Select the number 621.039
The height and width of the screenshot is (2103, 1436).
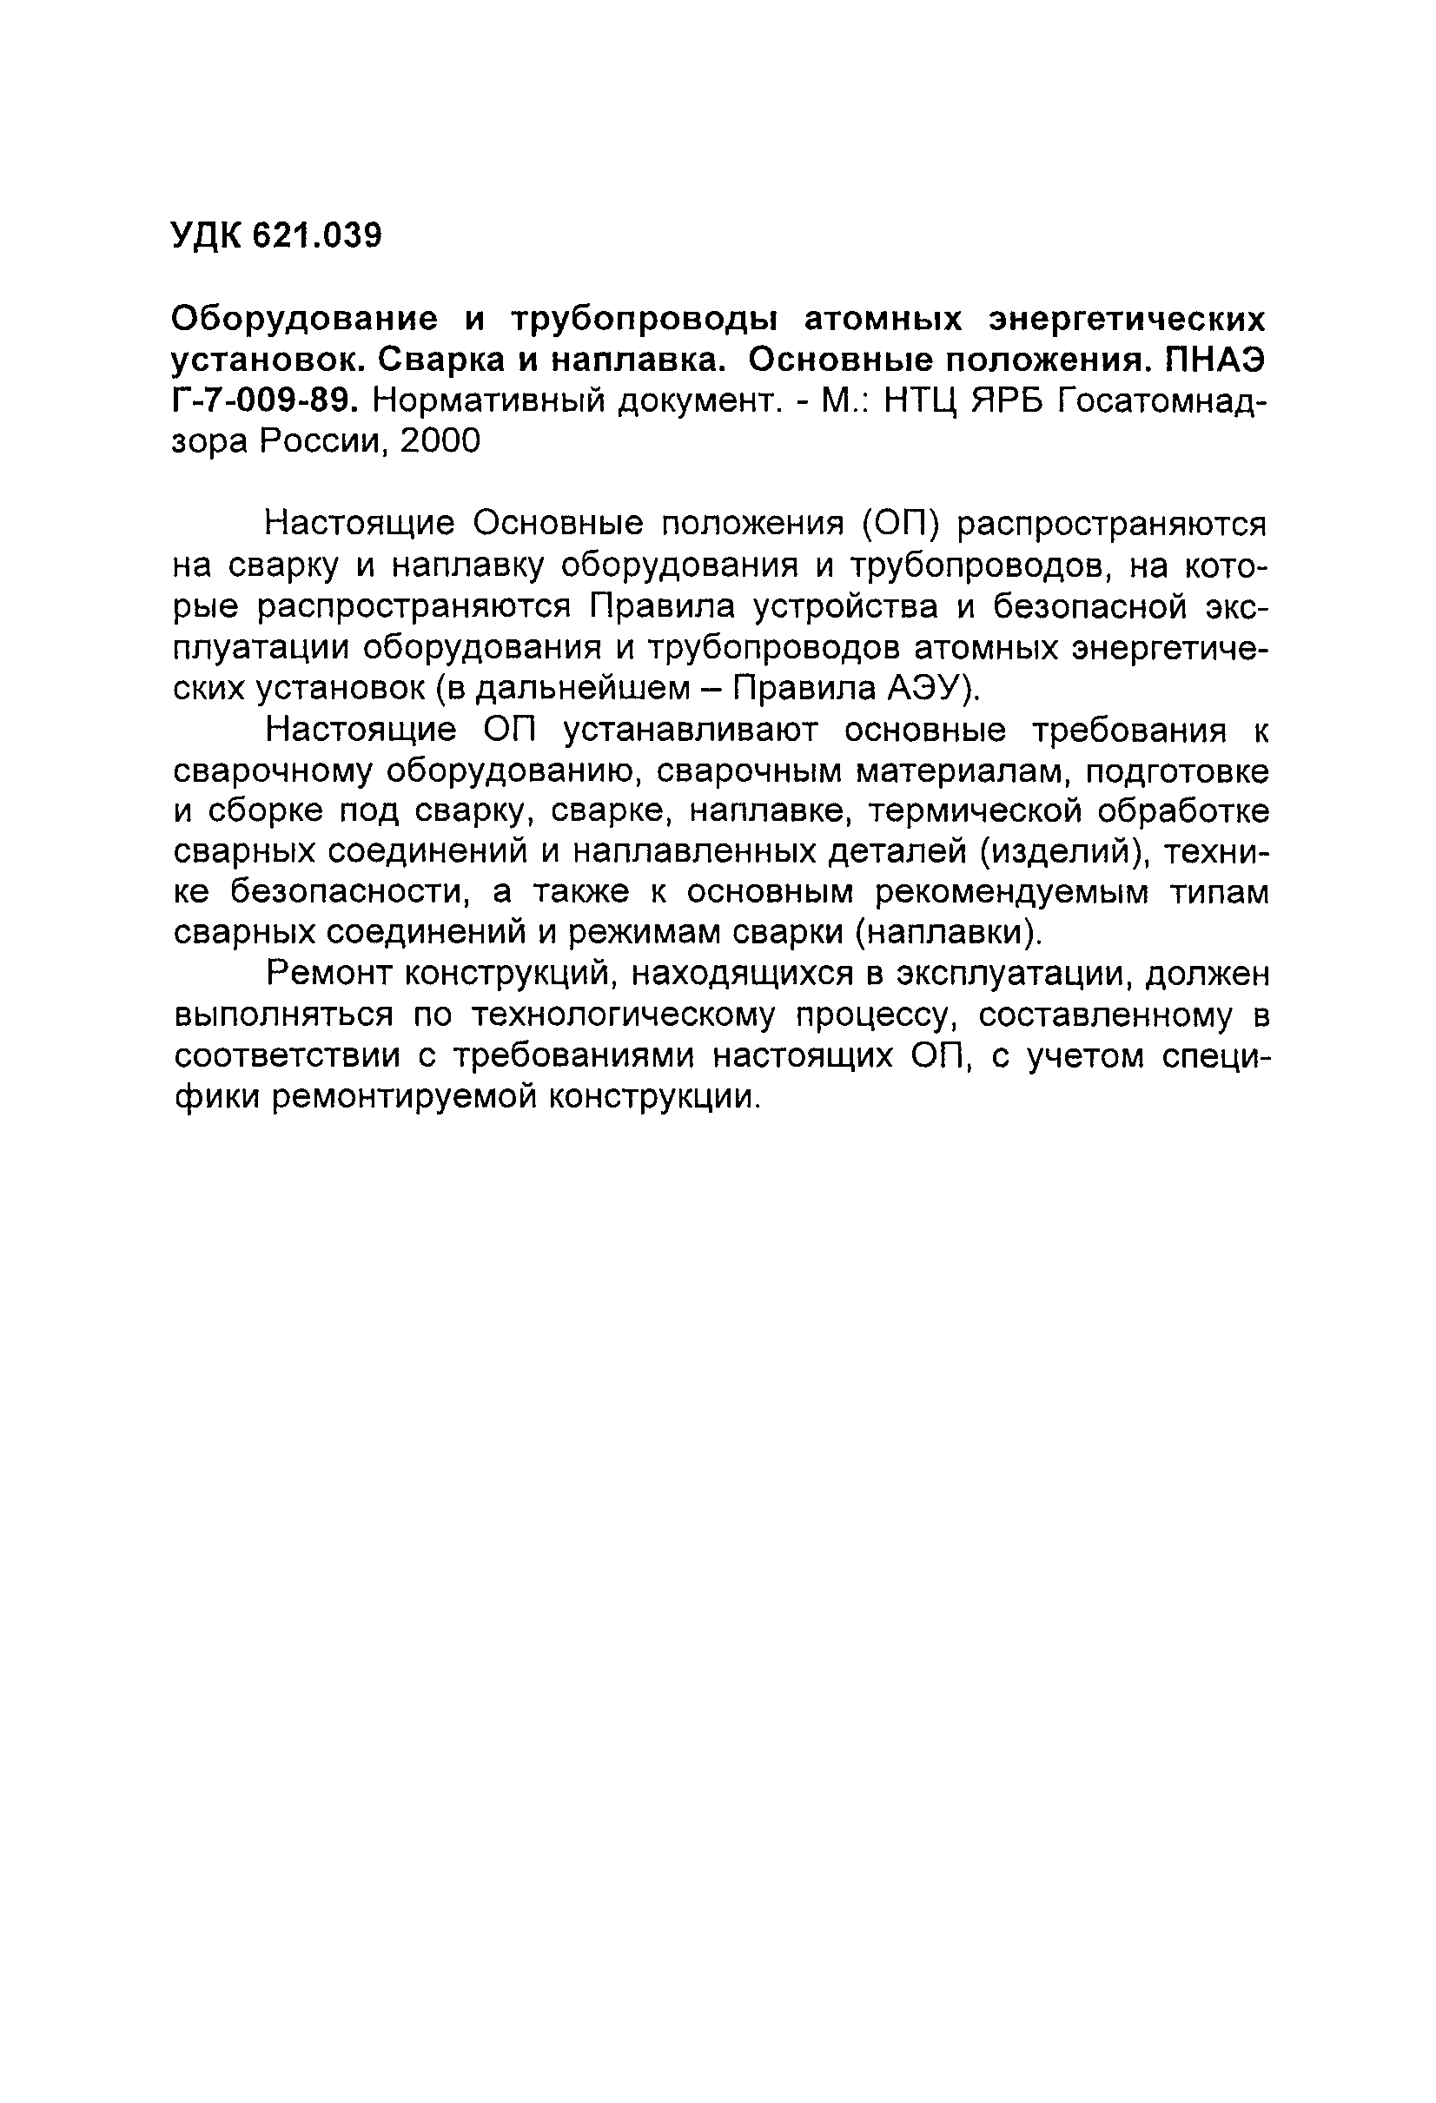(x=317, y=236)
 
